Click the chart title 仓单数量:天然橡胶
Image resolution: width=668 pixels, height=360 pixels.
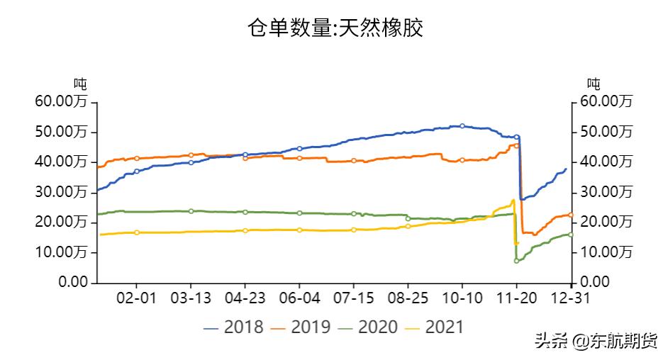click(x=335, y=28)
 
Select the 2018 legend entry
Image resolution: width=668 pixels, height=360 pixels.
click(x=233, y=327)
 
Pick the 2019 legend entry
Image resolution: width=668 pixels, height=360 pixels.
click(x=301, y=327)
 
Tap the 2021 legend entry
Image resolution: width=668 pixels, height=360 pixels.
click(x=434, y=327)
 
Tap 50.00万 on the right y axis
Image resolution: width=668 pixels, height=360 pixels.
click(x=606, y=132)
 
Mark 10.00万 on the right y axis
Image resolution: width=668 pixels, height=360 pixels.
click(x=606, y=252)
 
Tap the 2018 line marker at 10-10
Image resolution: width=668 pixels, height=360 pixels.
click(x=462, y=126)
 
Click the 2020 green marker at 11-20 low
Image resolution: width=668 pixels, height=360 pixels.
click(x=516, y=261)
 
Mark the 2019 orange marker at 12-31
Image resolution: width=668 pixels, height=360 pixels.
click(x=571, y=215)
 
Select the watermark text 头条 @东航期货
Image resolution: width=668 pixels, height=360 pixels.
click(x=596, y=342)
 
